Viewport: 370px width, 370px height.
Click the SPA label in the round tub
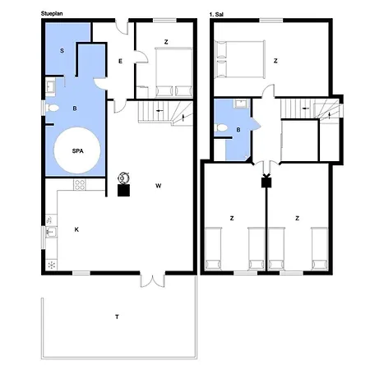click(x=77, y=151)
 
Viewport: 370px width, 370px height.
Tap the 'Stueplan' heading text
click(x=52, y=13)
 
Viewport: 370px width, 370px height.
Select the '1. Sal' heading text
click(x=216, y=15)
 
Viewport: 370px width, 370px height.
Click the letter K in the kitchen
click(x=76, y=229)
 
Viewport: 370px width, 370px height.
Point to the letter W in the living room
click(x=159, y=186)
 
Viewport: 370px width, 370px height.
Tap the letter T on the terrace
click(x=117, y=317)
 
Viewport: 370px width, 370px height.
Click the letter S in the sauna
click(x=62, y=51)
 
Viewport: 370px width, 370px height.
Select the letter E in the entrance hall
click(x=120, y=62)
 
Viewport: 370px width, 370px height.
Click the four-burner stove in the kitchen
click(x=80, y=185)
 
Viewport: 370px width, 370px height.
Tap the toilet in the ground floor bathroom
click(x=52, y=109)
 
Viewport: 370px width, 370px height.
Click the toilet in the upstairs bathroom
click(x=221, y=127)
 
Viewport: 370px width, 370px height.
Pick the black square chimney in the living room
click(x=123, y=191)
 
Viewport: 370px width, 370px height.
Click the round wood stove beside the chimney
click(x=123, y=178)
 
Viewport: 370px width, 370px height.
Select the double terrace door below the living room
click(x=153, y=280)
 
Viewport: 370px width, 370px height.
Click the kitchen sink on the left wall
click(x=51, y=232)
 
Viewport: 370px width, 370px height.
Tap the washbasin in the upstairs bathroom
click(x=241, y=104)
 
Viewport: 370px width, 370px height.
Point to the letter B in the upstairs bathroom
click(x=238, y=130)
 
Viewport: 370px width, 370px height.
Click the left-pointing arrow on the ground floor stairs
click(x=160, y=111)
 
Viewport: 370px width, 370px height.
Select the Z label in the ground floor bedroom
click(x=166, y=42)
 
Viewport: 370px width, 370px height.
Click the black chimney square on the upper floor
click(x=266, y=183)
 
